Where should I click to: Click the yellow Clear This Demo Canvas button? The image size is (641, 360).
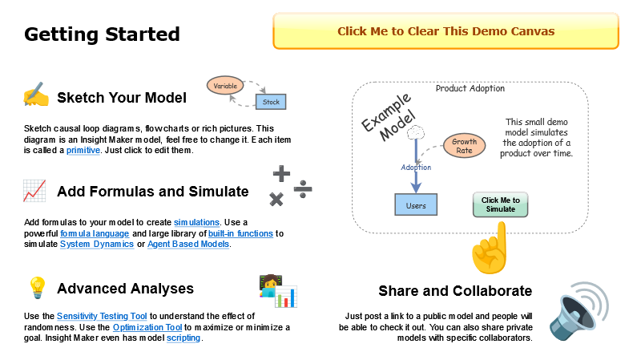pyautogui.click(x=445, y=31)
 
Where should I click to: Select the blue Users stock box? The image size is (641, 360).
pyautogui.click(x=416, y=204)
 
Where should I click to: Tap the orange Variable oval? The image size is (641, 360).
pyautogui.click(x=225, y=84)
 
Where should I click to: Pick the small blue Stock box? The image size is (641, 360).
pyautogui.click(x=271, y=102)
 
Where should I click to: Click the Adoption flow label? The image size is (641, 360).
pyautogui.click(x=416, y=168)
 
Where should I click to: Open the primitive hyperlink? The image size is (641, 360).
pyautogui.click(x=83, y=150)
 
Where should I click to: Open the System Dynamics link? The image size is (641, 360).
pyautogui.click(x=96, y=244)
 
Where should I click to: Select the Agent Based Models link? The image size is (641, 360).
pyautogui.click(x=188, y=244)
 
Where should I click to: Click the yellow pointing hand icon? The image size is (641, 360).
pyautogui.click(x=490, y=248)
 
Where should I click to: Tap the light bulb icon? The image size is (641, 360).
pyautogui.click(x=36, y=287)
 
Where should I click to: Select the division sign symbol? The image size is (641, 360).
pyautogui.click(x=303, y=188)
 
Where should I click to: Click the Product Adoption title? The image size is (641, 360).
pyautogui.click(x=470, y=88)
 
